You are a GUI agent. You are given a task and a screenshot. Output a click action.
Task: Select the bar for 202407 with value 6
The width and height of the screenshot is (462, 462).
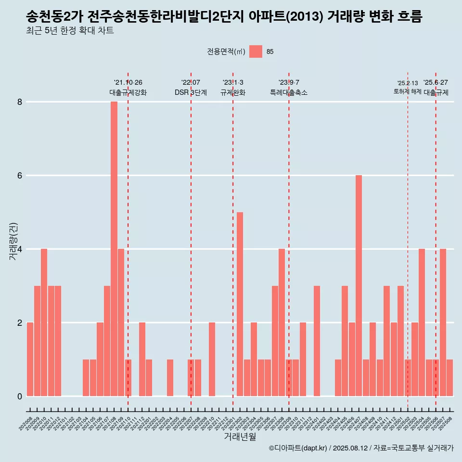click(x=359, y=286)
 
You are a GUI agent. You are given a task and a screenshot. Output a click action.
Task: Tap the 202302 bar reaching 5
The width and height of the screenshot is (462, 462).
click(x=240, y=304)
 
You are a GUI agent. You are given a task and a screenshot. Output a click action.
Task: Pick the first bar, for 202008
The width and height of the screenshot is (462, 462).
click(x=30, y=359)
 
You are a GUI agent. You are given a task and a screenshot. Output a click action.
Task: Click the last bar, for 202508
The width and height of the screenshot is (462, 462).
click(x=449, y=378)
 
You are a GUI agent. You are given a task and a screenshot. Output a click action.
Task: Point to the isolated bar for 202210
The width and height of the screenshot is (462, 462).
click(x=212, y=359)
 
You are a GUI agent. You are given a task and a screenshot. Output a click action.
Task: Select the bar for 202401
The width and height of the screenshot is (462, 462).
click(x=317, y=341)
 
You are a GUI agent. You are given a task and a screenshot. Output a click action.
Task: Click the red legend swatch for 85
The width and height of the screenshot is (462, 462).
click(x=256, y=51)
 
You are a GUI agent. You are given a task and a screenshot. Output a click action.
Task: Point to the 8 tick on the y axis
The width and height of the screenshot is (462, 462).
click(x=20, y=102)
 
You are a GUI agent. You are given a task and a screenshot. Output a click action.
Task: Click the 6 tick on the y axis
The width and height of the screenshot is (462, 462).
click(x=20, y=176)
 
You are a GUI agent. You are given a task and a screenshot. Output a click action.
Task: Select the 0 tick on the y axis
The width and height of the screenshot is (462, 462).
click(x=20, y=396)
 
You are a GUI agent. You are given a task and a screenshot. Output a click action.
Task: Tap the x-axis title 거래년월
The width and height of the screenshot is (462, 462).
click(x=240, y=436)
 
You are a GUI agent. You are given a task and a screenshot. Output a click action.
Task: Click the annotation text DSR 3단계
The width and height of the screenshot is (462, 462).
click(x=191, y=92)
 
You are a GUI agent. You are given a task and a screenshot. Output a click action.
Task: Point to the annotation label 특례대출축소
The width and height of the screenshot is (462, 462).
click(x=289, y=92)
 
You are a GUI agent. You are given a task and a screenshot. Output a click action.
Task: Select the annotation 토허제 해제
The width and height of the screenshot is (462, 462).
click(x=407, y=91)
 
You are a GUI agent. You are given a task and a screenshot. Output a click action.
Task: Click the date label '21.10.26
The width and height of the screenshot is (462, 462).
click(x=128, y=83)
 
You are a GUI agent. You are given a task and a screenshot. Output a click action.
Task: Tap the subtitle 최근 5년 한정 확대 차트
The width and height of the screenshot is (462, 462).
click(x=70, y=31)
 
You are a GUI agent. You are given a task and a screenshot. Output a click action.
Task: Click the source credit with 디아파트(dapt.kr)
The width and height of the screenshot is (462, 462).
click(x=361, y=448)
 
